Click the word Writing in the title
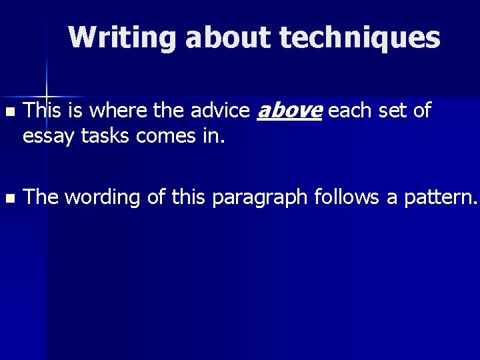[x=123, y=38]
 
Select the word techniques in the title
[x=360, y=38]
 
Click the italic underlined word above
[x=289, y=111]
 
